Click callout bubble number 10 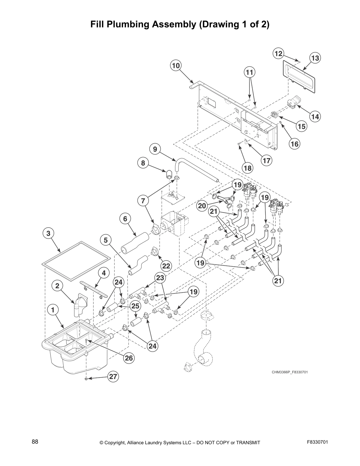(176, 66)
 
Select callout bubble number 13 (315, 58)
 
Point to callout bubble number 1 (53, 310)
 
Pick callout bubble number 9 (155, 149)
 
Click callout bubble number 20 (202, 206)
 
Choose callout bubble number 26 (129, 358)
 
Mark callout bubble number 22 (166, 266)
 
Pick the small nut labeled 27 (86, 379)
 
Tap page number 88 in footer (35, 442)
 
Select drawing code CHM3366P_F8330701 (289, 372)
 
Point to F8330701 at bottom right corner (317, 442)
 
